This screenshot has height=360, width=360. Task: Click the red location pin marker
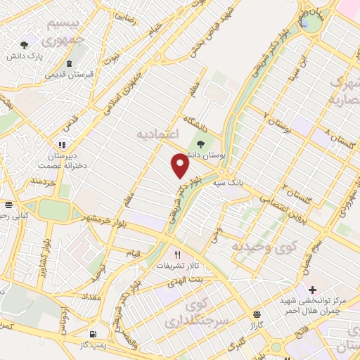[181, 165]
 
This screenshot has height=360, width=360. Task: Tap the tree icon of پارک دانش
[26, 44]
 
